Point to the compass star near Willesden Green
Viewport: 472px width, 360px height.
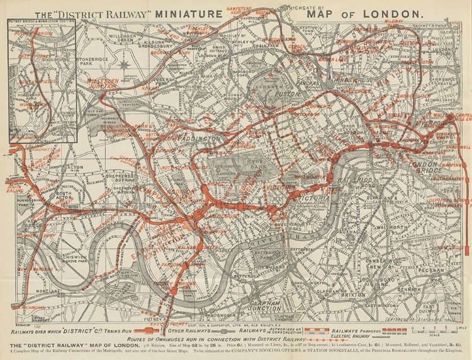click(x=125, y=63)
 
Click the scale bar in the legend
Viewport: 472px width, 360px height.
click(x=434, y=329)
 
